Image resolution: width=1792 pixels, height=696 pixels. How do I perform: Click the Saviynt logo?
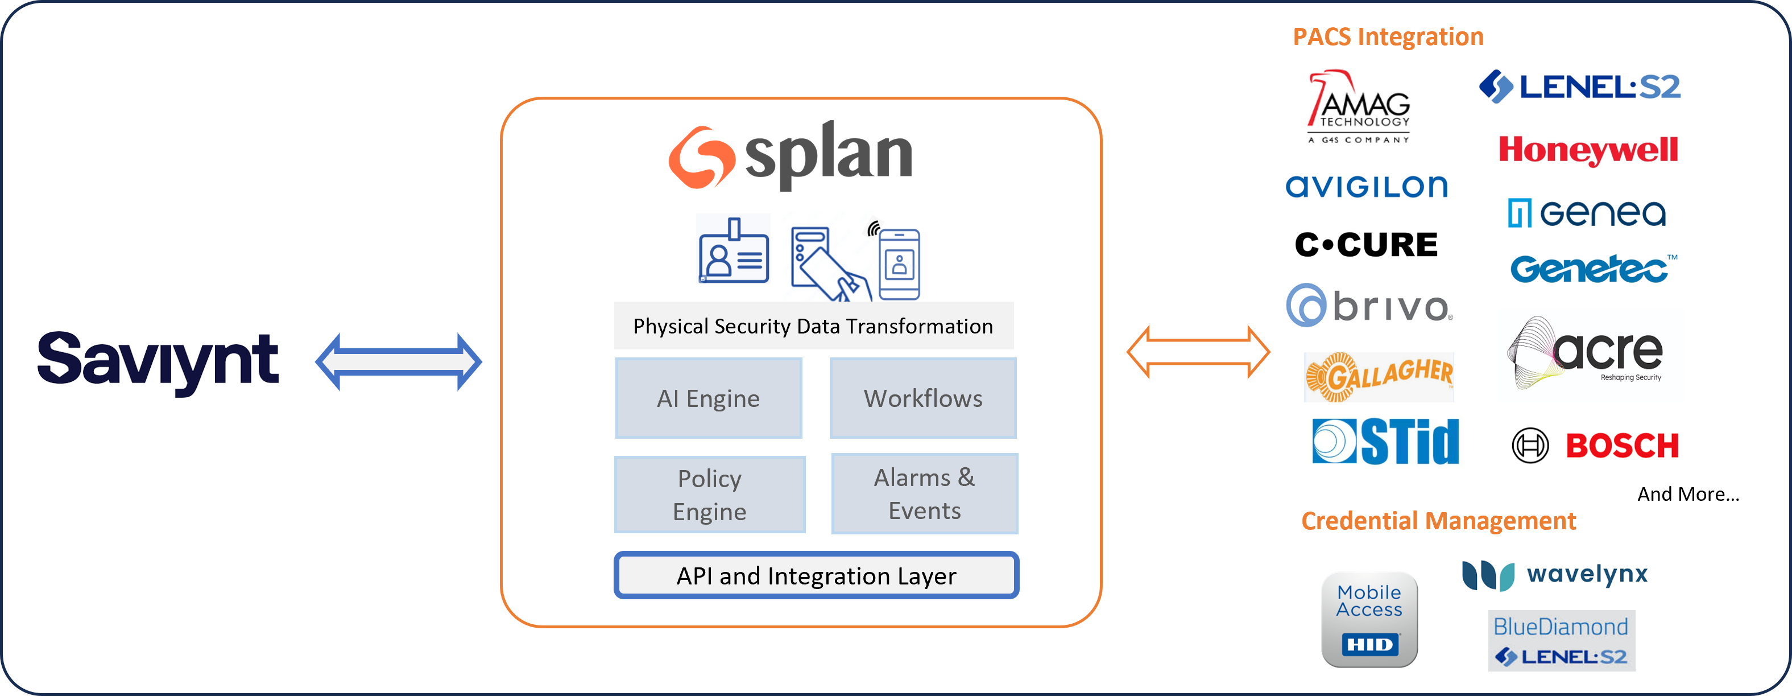[158, 361]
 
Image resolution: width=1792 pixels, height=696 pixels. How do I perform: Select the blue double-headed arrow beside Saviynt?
[398, 362]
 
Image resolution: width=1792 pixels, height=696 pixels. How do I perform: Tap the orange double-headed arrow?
[1198, 352]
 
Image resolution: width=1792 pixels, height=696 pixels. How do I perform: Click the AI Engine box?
[709, 398]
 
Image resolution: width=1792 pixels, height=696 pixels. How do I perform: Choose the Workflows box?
[923, 398]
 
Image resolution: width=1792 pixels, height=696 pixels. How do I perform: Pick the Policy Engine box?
[710, 494]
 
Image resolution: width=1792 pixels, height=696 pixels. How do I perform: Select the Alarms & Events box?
[925, 493]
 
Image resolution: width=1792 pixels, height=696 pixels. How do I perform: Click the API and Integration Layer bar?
[816, 575]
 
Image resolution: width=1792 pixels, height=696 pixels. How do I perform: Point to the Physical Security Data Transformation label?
[813, 326]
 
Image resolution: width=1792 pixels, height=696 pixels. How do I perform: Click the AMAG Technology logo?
[1360, 108]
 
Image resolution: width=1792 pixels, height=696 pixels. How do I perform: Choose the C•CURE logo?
[1366, 245]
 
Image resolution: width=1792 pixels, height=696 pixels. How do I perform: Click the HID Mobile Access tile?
[1369, 619]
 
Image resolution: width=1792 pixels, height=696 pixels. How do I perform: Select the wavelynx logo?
[1555, 575]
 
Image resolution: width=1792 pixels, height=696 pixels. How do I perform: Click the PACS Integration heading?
[1388, 37]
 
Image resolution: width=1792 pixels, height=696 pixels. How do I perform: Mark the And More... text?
[1688, 494]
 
